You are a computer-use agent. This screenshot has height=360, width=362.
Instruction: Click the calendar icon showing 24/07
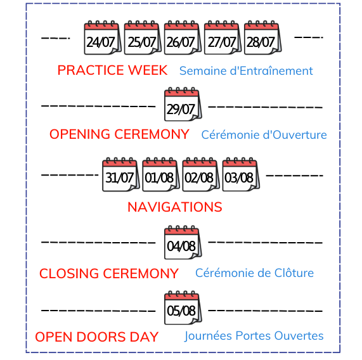pos(103,37)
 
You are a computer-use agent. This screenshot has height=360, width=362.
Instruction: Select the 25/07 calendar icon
pos(143,37)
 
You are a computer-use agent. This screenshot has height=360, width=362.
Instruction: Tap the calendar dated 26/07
pos(183,37)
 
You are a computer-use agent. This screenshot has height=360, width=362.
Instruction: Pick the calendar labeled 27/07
pos(223,37)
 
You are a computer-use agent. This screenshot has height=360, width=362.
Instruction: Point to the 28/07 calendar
pos(262,37)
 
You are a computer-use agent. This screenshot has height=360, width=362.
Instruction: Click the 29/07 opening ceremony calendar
pos(183,104)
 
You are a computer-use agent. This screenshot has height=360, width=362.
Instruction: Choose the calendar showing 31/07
pos(120,174)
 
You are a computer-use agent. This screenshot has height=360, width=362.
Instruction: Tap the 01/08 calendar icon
pos(161,174)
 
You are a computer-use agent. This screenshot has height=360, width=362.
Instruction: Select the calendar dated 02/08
pos(201,174)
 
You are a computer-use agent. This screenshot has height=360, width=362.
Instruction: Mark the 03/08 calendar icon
pos(241,174)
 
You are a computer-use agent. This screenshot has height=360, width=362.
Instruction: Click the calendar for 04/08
pos(183,242)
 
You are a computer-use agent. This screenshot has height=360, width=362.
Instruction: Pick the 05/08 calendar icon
pos(183,307)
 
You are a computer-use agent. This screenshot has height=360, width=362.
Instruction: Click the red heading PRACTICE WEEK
pos(112,70)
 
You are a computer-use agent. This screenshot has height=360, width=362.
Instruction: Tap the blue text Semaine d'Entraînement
pos(246,70)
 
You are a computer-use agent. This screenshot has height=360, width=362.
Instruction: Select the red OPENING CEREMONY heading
pos(119,134)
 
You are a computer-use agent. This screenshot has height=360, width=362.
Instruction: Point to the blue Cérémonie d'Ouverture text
pos(264,134)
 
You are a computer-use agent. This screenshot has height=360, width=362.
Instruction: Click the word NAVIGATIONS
pos(175,207)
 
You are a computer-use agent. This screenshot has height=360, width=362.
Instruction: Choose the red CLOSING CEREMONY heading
pos(109,274)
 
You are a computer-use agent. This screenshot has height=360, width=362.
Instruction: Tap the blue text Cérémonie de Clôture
pos(254,273)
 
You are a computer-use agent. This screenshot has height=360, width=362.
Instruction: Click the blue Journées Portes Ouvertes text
pos(254,336)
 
